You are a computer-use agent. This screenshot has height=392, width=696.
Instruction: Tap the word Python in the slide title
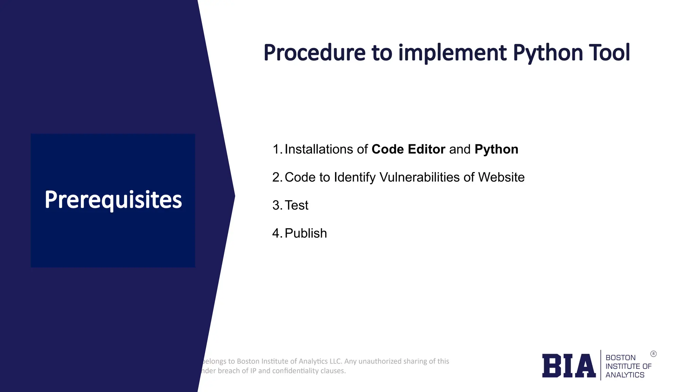pos(547,53)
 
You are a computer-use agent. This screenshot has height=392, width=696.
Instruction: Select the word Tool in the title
pos(610,53)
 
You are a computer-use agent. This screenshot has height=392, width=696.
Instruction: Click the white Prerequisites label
pos(113,200)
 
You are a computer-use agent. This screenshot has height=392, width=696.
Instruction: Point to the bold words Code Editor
pos(408,149)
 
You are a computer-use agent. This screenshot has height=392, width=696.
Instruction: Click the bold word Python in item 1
pos(496,149)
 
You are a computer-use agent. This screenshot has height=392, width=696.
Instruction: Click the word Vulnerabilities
pos(419,177)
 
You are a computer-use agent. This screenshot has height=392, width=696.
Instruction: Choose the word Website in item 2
pos(501,177)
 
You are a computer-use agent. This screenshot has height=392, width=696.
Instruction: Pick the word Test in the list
pos(296,205)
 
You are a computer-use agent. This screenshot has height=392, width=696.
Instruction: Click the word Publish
pos(306,233)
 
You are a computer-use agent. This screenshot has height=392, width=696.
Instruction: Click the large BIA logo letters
pos(569,366)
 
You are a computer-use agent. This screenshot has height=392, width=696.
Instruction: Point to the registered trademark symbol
pos(653,354)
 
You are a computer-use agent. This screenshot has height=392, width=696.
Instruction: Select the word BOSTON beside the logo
pos(620,358)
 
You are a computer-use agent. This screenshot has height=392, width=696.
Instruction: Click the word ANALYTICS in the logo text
pos(625,375)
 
